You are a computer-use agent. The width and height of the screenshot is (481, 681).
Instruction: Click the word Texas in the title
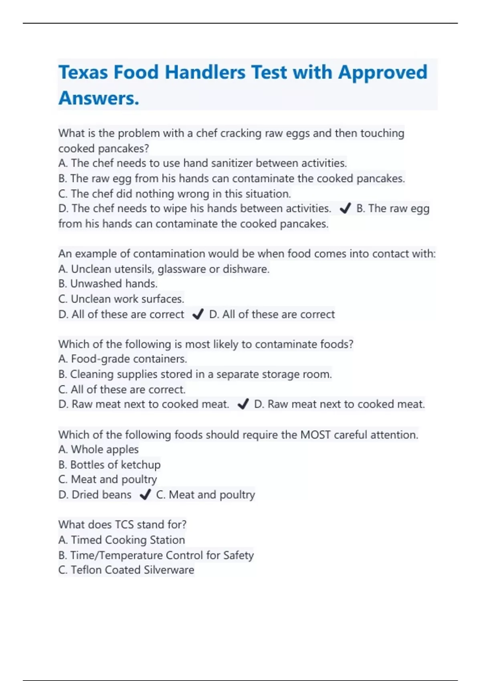pos(83,73)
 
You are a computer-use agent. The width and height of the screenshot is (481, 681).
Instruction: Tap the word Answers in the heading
pos(99,99)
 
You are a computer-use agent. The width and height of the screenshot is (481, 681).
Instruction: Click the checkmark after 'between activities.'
pos(345,208)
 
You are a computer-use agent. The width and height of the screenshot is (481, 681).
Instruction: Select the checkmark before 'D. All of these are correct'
pos(198,314)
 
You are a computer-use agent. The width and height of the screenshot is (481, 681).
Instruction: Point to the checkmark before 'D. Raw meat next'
pos(243,404)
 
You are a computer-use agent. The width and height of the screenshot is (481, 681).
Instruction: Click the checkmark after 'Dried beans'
pos(145,495)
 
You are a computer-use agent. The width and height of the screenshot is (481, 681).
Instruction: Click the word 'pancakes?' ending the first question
pos(123,149)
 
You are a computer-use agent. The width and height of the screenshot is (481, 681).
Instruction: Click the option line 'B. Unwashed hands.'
pos(108,284)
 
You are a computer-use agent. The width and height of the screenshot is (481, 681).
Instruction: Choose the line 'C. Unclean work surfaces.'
pos(121,299)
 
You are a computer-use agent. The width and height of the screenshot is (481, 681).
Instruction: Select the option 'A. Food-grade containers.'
pos(123,359)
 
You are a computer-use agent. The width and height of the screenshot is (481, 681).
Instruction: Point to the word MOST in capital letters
pos(315,435)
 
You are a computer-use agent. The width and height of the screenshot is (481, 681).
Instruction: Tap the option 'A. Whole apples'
pos(99,449)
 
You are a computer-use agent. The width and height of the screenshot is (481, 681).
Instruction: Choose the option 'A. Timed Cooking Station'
pos(121,540)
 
